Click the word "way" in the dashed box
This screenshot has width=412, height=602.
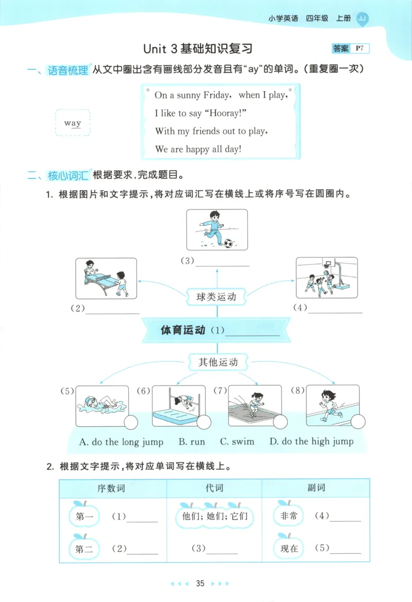click(x=73, y=123)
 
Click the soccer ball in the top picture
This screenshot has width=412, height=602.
click(x=228, y=242)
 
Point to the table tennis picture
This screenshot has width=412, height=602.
click(x=106, y=278)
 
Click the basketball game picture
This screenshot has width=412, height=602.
click(x=327, y=278)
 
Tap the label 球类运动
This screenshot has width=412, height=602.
click(x=217, y=297)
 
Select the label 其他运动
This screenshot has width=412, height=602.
click(x=218, y=362)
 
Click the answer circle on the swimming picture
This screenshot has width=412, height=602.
click(x=130, y=423)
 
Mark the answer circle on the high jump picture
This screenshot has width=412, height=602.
click(x=204, y=423)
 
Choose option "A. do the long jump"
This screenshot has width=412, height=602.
click(x=121, y=442)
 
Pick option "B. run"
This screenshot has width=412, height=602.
click(x=192, y=442)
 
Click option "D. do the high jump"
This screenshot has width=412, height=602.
click(x=311, y=442)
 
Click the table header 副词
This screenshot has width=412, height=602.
click(x=316, y=488)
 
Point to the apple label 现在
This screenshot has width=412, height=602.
click(x=289, y=549)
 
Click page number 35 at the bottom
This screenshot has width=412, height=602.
click(x=200, y=583)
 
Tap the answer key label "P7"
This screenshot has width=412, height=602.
click(x=359, y=49)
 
